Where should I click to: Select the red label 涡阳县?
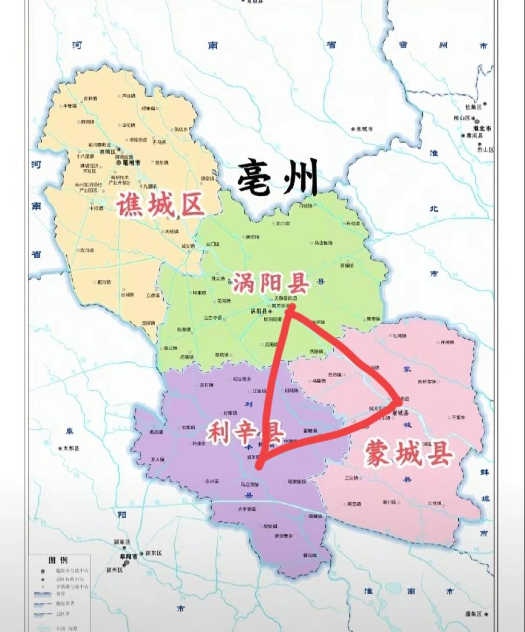coord(270,282)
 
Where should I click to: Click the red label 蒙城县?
coord(409,455)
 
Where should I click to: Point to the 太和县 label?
coord(71,449)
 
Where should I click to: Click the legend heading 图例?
coord(59,560)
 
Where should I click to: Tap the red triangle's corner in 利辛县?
coord(260,465)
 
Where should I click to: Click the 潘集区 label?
coord(475,614)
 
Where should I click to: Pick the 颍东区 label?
coord(154,553)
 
